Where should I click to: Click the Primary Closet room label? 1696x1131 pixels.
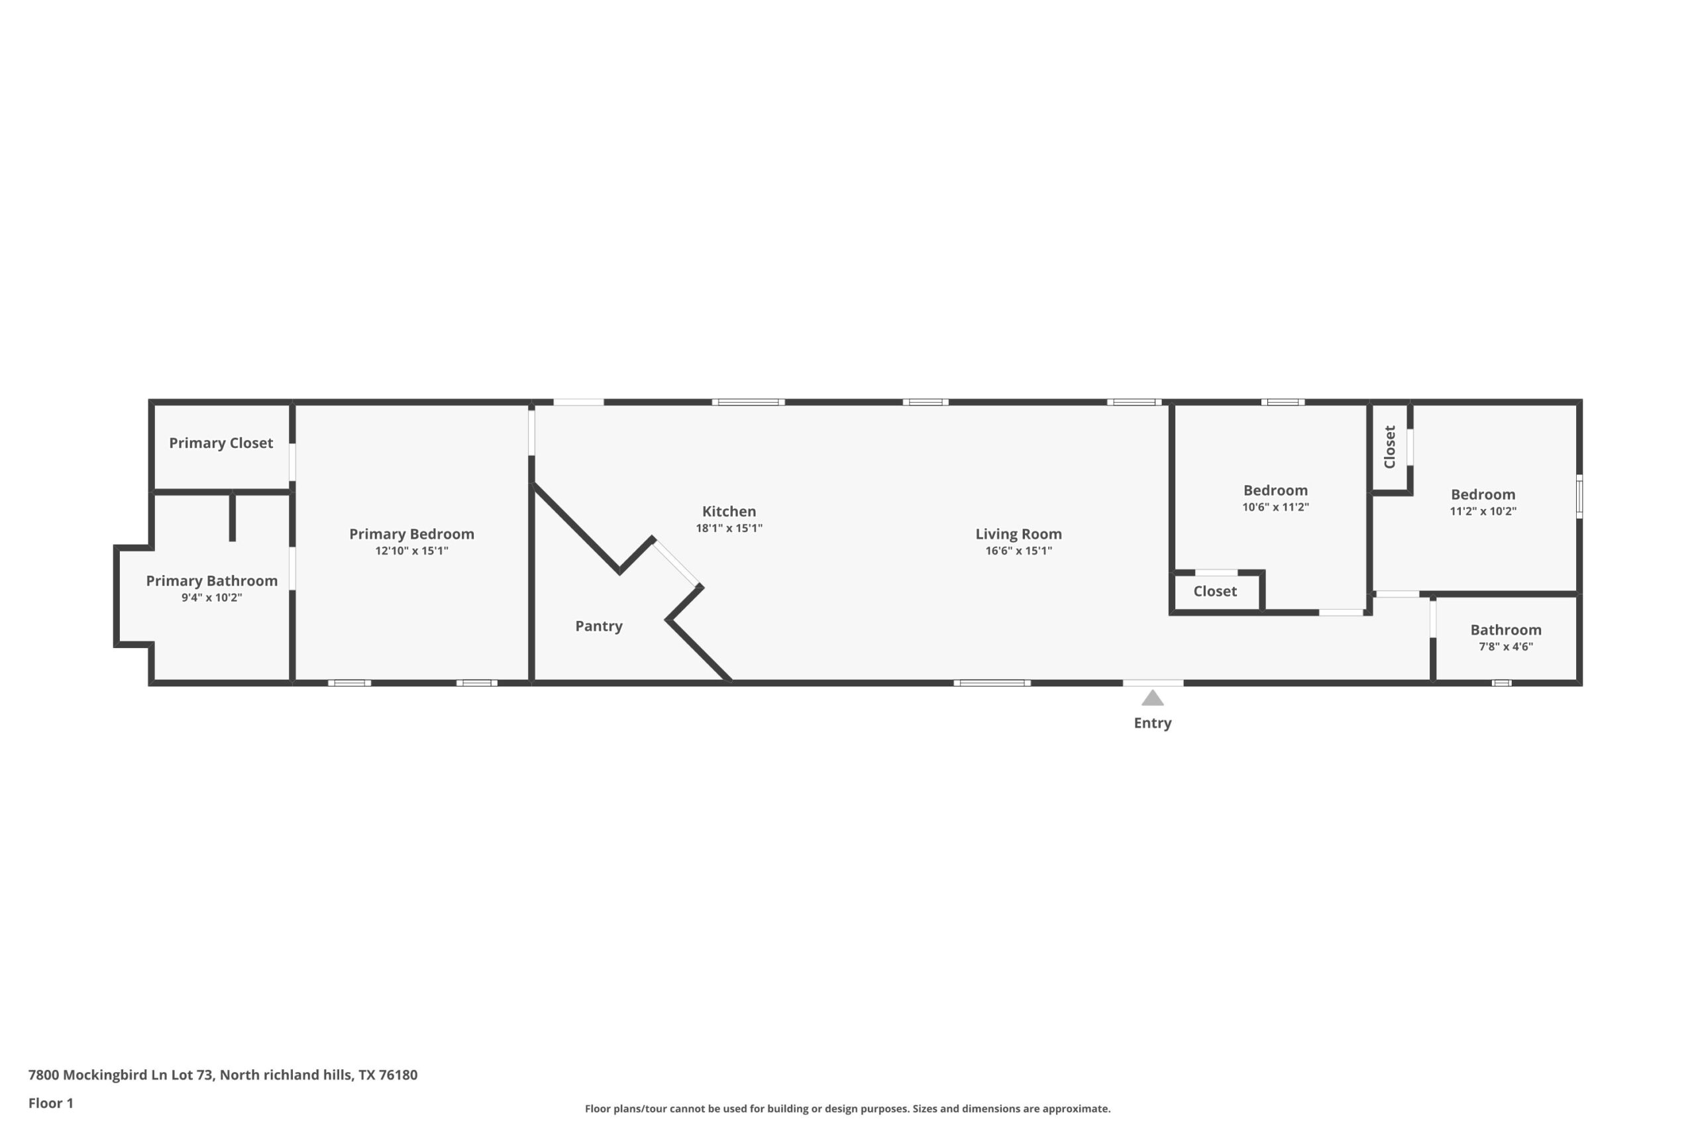[221, 443]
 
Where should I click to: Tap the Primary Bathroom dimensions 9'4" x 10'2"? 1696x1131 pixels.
[211, 597]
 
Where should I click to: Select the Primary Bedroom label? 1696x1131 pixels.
[411, 534]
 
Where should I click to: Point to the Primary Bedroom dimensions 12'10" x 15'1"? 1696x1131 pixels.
[411, 551]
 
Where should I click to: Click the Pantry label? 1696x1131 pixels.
[598, 626]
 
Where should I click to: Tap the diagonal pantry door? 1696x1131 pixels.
[676, 563]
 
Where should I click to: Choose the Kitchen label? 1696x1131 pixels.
[729, 512]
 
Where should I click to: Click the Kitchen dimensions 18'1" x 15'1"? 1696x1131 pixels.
[729, 528]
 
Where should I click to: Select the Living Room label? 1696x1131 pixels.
[1018, 534]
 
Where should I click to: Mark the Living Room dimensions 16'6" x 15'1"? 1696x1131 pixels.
[1018, 551]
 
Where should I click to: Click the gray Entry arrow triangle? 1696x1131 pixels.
[1152, 698]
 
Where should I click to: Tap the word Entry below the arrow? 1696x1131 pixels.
[1152, 723]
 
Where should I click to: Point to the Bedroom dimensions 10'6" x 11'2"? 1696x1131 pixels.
[1275, 507]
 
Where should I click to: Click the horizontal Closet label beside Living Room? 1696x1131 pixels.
[1215, 592]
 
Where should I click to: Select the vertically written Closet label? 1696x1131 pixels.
[1389, 447]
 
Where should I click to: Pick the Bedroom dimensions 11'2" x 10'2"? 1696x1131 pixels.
[1483, 512]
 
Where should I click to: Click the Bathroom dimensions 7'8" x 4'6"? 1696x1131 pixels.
[1506, 646]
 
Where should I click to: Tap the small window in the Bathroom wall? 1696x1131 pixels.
[1501, 682]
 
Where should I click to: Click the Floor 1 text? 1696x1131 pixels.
[50, 1103]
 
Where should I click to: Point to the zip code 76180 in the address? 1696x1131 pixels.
[398, 1075]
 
